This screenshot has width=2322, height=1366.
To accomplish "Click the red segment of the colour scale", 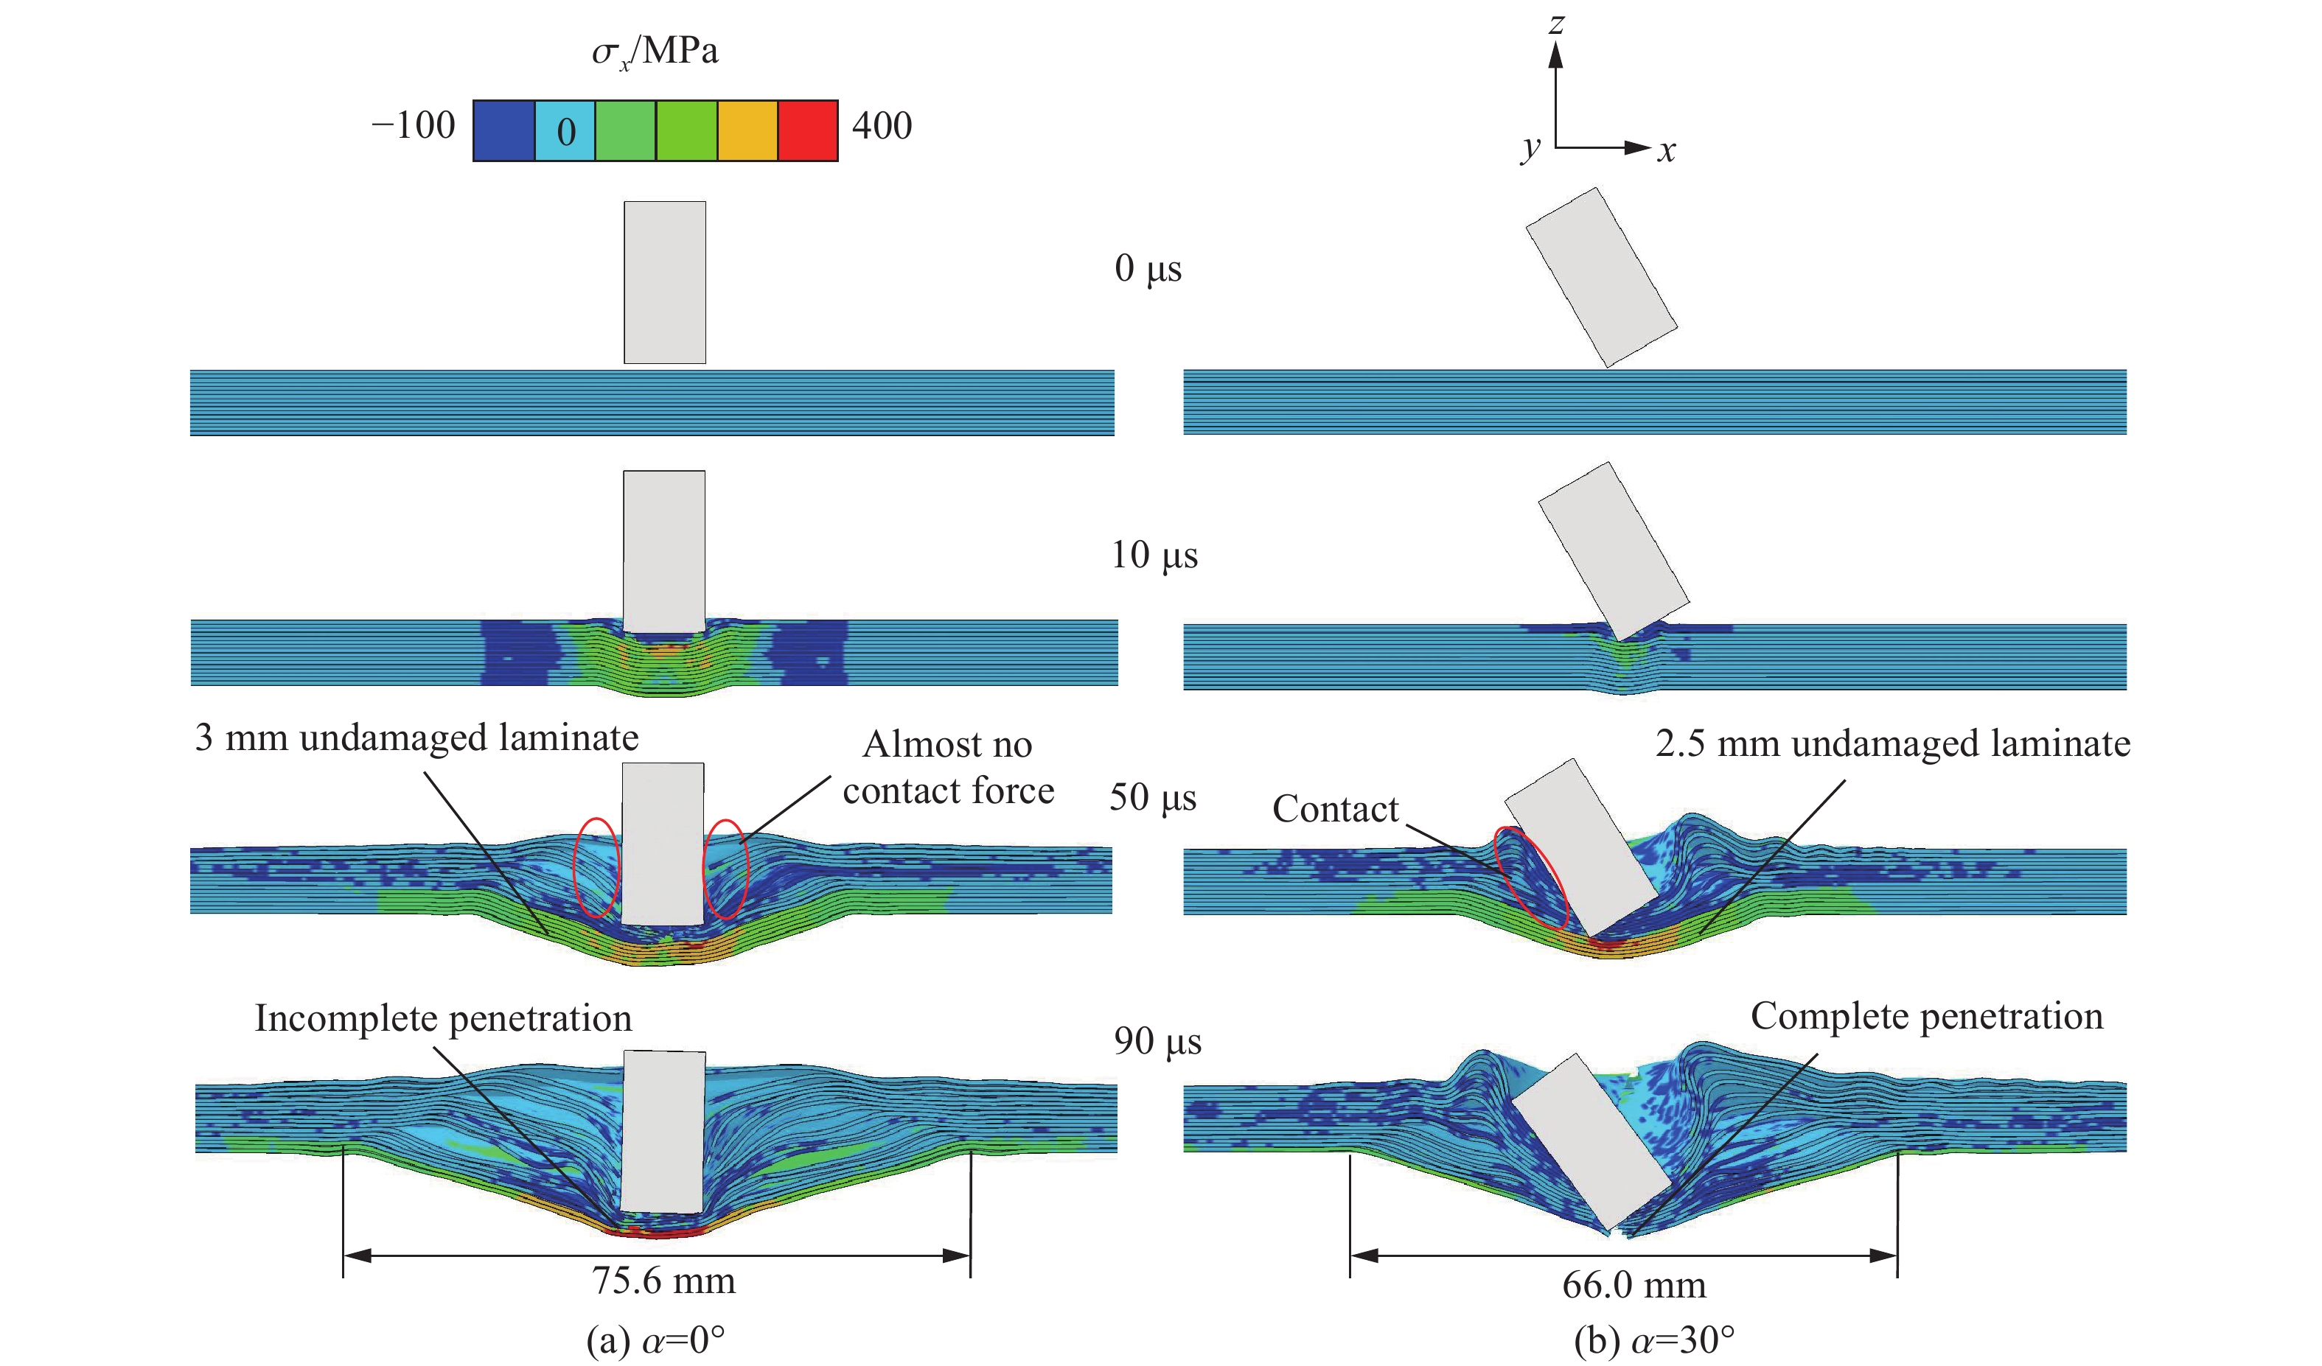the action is pos(808,131).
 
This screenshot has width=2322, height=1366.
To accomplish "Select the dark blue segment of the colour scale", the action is pos(504,131).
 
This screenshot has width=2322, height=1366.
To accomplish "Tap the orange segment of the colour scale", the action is pos(747,131).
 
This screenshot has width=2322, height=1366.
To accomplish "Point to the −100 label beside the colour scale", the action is pos(413,125).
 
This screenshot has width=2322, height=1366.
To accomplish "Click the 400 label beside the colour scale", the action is pos(882,125).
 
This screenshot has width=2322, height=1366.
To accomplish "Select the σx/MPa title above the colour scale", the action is pos(655,52).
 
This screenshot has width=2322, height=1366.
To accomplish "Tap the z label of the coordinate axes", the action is pos(1556,22).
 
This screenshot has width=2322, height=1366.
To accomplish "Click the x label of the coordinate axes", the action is pos(1666,150).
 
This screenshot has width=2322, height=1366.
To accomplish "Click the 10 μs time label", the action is pos(1154,556).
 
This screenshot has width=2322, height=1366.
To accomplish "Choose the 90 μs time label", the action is pos(1157,1041).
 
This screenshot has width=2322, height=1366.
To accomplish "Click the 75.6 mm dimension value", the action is pos(663,1281).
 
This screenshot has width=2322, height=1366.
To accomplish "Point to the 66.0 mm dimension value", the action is pos(1634,1284).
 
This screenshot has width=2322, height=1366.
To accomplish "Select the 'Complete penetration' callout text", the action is pos(1927,1016).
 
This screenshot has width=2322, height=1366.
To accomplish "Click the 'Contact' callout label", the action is pos(1335,809).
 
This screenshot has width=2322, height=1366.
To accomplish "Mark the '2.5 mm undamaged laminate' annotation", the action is pos(1893,743).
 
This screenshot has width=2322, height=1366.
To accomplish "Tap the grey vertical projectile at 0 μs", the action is pos(664,283).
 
